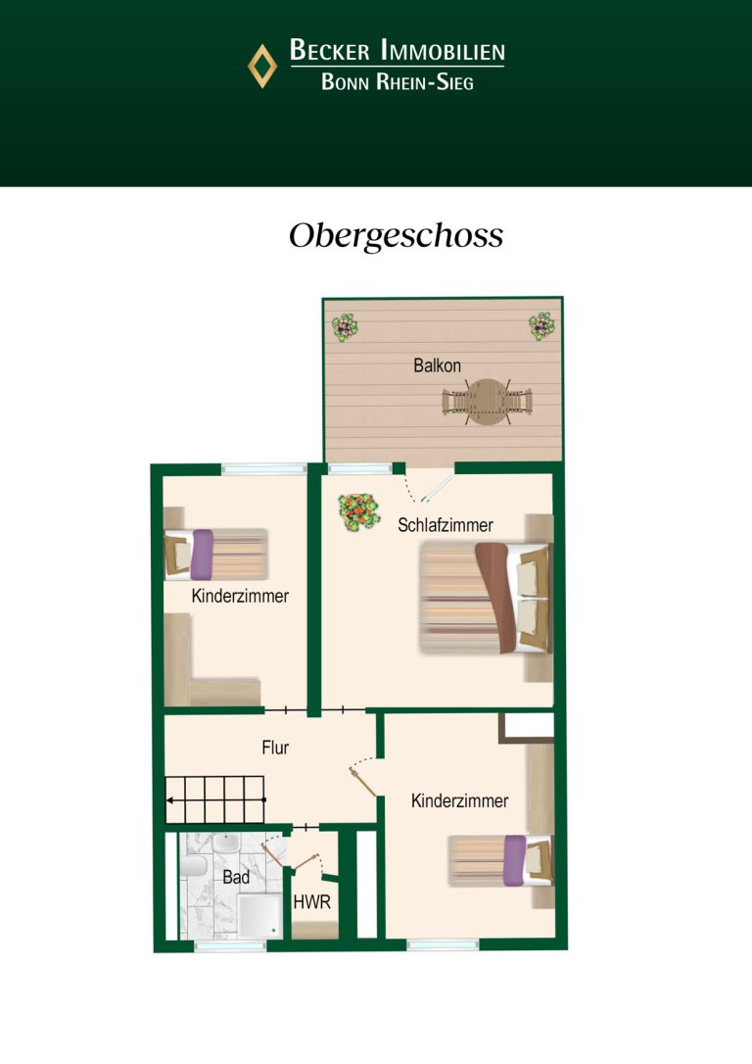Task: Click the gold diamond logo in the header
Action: coord(261,66)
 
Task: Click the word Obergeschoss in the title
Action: coord(396,236)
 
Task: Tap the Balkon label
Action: coord(437,365)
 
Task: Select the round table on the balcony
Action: coord(487,402)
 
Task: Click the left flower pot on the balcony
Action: coord(345,327)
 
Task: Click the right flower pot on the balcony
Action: coord(541,325)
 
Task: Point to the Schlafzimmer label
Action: coord(445,525)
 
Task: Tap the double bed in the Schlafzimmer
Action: coord(484,598)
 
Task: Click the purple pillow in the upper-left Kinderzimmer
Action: coord(202,555)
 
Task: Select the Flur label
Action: coord(275,748)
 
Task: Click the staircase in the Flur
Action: coord(215,800)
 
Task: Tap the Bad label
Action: coord(236,878)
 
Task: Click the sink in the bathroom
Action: coord(226,844)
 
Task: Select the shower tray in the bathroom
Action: coord(259,915)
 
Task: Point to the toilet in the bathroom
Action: coord(193,865)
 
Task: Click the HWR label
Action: coord(312,902)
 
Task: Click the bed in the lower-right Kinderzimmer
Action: coord(500,860)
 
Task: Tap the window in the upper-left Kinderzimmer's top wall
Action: coord(264,468)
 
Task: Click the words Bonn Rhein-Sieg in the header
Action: coord(398,82)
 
